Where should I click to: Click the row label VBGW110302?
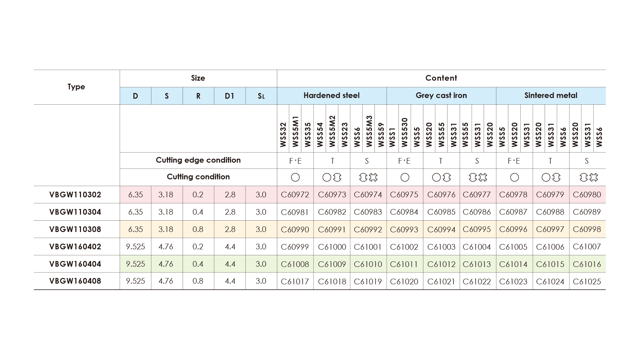click(75, 195)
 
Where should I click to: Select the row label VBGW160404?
click(75, 264)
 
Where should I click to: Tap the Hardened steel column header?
click(331, 96)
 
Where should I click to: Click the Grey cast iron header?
click(441, 96)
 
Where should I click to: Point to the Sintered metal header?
click(551, 96)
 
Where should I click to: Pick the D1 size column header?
click(229, 96)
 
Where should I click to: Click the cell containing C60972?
click(295, 195)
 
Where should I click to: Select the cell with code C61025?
click(587, 281)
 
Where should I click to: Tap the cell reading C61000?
click(332, 247)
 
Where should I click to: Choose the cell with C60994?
click(441, 229)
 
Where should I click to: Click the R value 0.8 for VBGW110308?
click(198, 229)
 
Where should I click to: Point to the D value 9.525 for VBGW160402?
click(135, 247)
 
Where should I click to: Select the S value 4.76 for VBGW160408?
click(166, 281)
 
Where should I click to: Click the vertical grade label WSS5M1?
click(295, 131)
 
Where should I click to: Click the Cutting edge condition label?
click(198, 160)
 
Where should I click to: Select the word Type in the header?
click(76, 87)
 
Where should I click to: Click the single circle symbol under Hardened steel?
click(295, 177)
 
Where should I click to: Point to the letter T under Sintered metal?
click(550, 161)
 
